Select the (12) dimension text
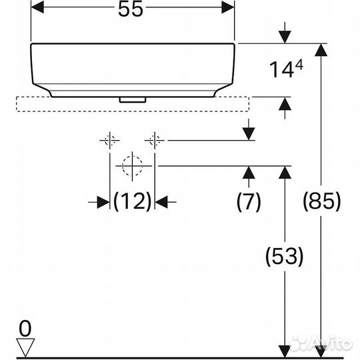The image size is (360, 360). pos(132,200)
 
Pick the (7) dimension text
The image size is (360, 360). pos(249,201)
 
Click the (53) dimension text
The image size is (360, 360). pos(285,256)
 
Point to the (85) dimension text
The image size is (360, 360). pos(323,200)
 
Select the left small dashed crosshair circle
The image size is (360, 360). pos(110,141)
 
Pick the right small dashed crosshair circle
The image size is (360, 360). pos(155,141)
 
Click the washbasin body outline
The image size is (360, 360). pos(133,67)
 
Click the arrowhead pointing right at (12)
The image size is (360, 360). pos(103,200)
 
